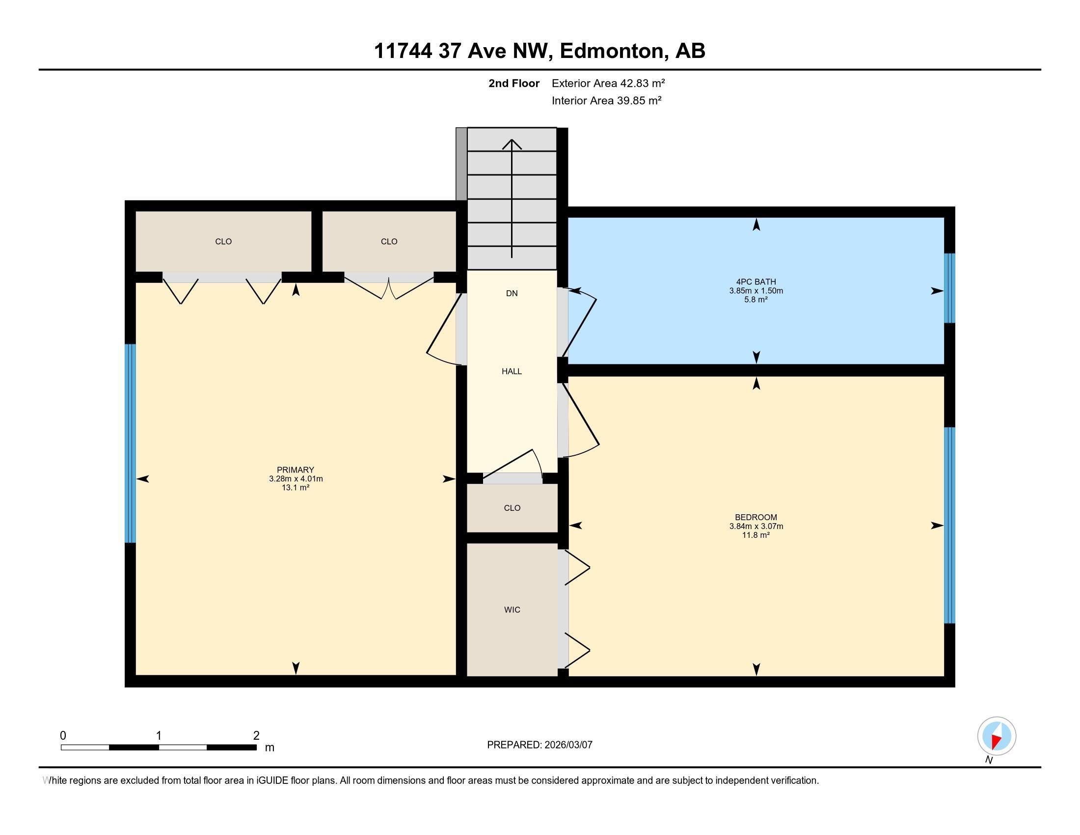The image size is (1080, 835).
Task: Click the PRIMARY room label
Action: coord(295,470)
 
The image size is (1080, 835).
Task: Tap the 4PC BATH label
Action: coord(756,282)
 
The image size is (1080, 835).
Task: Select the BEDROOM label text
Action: coord(756,517)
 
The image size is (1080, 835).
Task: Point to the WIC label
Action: coord(512,610)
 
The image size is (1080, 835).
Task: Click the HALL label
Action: coord(512,371)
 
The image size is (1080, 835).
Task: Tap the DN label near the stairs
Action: coord(512,293)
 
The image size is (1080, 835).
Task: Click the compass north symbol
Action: coord(997,736)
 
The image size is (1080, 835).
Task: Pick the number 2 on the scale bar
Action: coord(256,736)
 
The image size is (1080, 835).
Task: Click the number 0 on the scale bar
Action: coord(63,736)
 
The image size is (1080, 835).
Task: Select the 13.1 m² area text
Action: coord(295,488)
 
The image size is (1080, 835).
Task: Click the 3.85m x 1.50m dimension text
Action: coord(756,291)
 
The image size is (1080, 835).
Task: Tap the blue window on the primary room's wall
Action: coord(130,443)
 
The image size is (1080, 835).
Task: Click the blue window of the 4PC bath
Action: coord(949,288)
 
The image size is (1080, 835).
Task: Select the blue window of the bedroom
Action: coord(949,525)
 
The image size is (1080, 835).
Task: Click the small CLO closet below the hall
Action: coord(512,508)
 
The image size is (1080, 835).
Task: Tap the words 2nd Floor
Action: coord(514,83)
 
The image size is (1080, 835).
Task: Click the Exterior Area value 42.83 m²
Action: coord(643,83)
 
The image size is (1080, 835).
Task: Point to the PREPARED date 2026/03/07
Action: coord(567,745)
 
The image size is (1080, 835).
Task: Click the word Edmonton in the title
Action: coord(612,51)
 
